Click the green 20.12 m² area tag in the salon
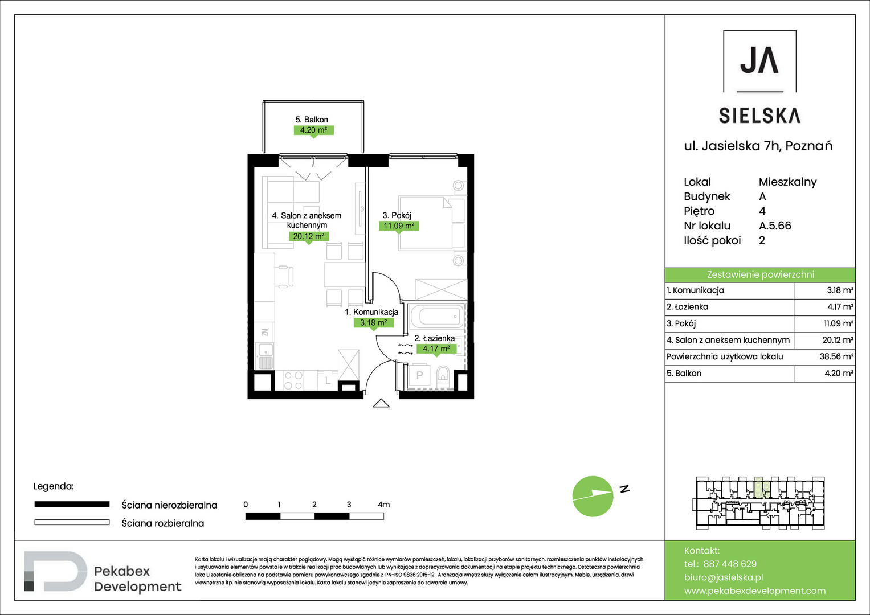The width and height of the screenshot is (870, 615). pos(309,236)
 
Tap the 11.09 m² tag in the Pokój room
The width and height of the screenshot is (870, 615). pos(399,225)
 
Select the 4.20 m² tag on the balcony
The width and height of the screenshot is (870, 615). pos(313,130)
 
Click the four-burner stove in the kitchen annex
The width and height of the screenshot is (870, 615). pos(293,380)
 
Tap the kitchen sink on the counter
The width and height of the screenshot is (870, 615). pos(266,356)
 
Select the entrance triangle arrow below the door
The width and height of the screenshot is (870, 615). pos(381,403)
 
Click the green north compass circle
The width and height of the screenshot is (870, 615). pos(593,496)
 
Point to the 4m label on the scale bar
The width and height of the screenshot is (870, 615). pos(384,505)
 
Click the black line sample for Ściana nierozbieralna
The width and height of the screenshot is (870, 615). pos(72,505)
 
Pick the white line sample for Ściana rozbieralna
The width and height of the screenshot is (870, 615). pos(72,522)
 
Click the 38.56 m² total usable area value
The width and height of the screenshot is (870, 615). pos(836,356)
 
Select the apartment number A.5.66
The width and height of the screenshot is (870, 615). pos(775,225)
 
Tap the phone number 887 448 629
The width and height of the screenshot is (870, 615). pos(730,564)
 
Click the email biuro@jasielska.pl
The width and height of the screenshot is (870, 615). pos(724,577)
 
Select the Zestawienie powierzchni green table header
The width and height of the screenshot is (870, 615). pos(760,275)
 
